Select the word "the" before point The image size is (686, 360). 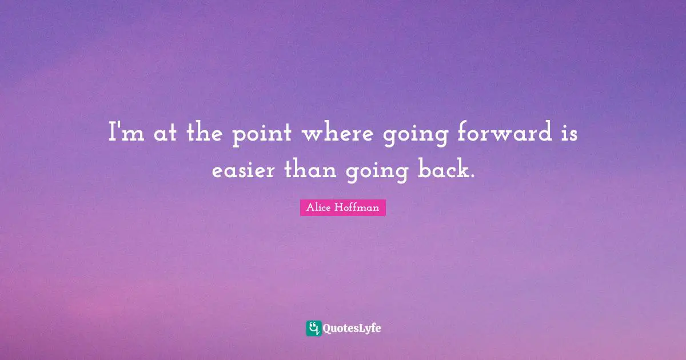[200, 135]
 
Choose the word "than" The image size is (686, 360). [308, 170]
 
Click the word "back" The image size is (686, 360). [441, 170]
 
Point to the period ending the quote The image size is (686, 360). [473, 177]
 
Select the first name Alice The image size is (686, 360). [318, 208]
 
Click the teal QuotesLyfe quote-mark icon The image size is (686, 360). [313, 328]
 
